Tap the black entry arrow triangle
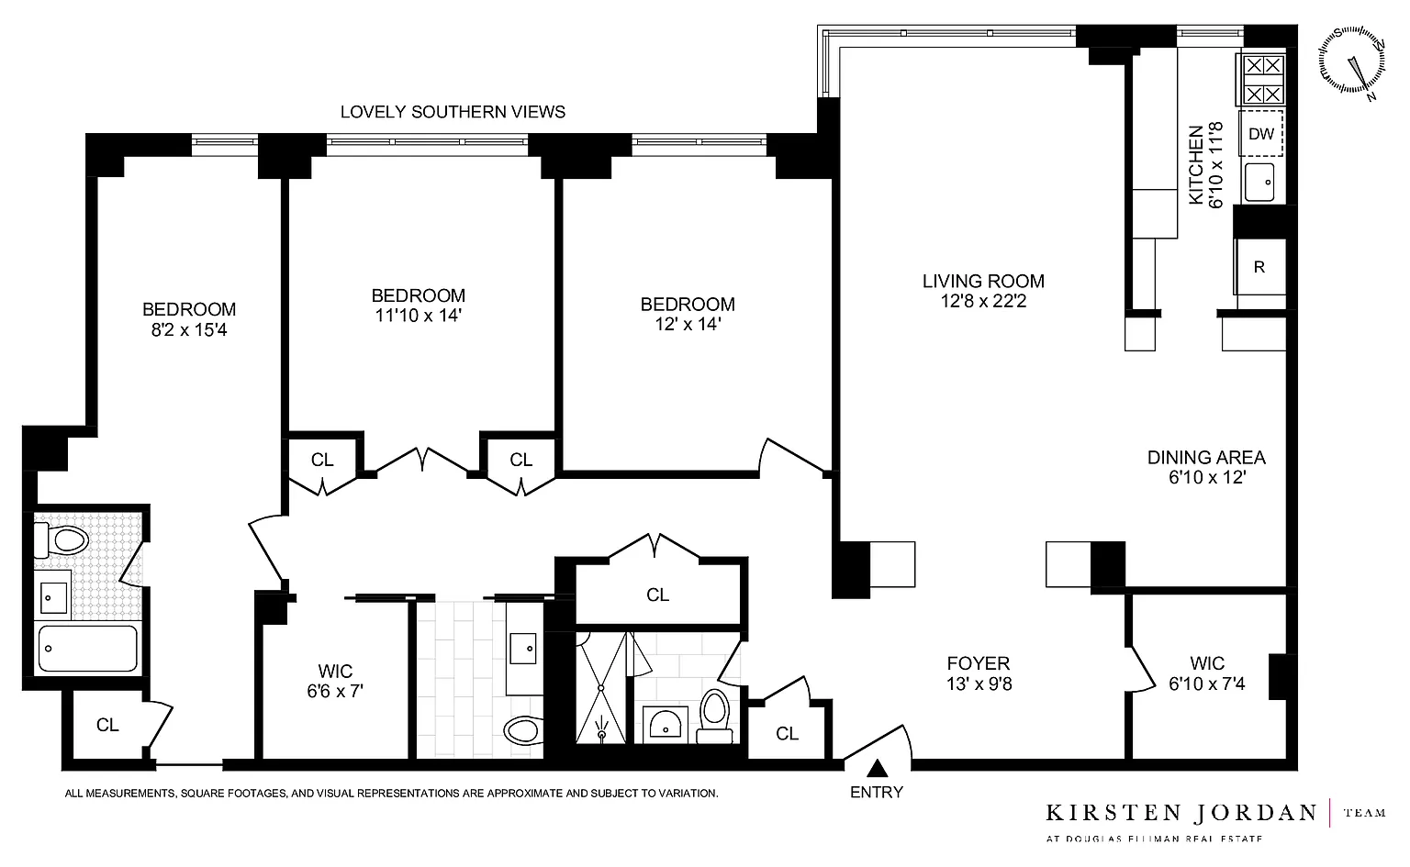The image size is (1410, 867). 877,769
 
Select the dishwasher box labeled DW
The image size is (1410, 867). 1260,133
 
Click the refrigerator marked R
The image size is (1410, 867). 1259,267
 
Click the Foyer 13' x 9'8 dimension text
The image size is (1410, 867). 979,684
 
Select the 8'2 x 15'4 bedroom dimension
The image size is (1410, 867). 189,329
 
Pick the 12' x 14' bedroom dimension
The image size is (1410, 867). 688,324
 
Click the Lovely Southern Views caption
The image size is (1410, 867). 453,112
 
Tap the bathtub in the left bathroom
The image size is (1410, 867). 88,648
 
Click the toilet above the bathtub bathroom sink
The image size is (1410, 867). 62,539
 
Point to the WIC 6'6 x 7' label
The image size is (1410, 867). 335,682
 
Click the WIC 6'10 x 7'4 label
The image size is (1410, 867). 1207,673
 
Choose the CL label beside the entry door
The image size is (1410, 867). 787,734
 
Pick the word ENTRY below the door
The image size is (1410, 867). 877,792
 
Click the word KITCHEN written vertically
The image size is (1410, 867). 1195,165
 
